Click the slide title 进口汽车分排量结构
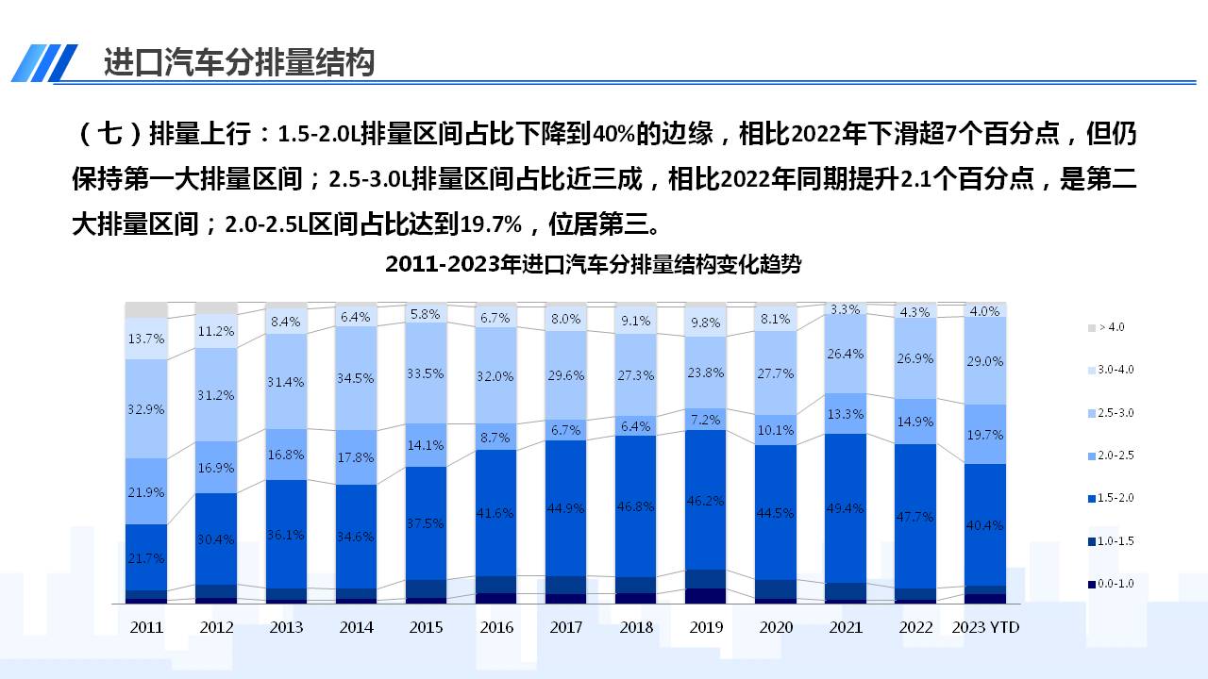[239, 62]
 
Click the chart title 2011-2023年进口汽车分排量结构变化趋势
[593, 264]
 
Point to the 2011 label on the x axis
[146, 627]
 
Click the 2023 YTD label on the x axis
[985, 627]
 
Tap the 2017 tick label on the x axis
[566, 627]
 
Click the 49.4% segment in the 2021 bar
[845, 508]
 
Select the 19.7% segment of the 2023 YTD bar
[985, 435]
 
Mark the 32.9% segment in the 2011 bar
[146, 409]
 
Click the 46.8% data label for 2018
[636, 506]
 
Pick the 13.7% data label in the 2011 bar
[146, 338]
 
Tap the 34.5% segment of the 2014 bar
[357, 377]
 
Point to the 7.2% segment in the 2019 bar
[706, 419]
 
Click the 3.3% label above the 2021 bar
[845, 309]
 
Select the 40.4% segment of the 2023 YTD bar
[985, 524]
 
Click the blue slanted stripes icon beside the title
[44, 62]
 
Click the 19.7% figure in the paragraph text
[490, 224]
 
